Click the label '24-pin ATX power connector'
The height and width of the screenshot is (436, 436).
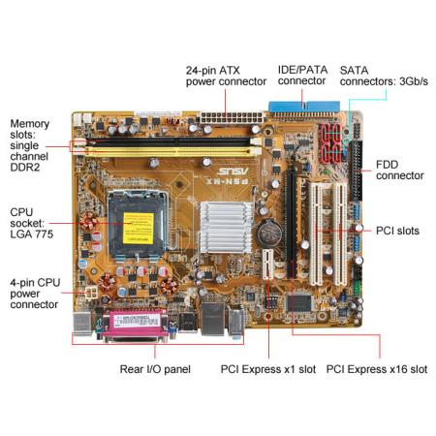coord(226,76)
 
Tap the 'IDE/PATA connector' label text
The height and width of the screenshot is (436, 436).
coord(302,76)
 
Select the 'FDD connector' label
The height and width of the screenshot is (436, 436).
coord(400,170)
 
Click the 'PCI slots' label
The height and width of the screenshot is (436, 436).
coord(397,231)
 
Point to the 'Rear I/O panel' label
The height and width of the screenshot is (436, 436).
coord(155,369)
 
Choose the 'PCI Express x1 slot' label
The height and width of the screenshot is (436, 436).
coord(268,369)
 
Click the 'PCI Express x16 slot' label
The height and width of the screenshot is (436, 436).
coord(377,369)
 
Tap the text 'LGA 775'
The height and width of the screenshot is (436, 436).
coord(32,234)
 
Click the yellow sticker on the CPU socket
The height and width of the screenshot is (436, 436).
coord(139,229)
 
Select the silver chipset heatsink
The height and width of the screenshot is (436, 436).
coord(226,227)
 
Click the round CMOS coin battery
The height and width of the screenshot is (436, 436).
coord(269,231)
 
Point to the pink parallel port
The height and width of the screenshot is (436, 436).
coord(136,325)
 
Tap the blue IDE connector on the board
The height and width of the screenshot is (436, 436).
coord(304,108)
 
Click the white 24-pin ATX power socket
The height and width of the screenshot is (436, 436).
coord(232,117)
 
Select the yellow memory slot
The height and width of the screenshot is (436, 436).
coord(167,151)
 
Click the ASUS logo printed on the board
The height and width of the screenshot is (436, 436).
coord(233,171)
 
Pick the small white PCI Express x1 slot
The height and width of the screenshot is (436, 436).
coord(267,265)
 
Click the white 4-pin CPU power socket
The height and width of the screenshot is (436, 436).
coord(92,293)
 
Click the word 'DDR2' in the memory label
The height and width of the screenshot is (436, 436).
coord(25,168)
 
